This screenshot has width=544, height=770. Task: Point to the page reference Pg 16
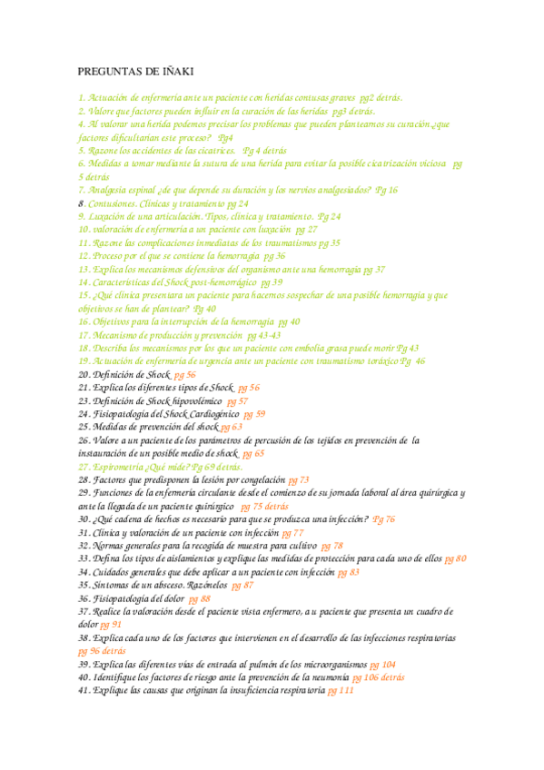coord(387,191)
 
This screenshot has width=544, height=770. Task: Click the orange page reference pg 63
coord(232,427)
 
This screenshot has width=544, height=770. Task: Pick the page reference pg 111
coord(341,691)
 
